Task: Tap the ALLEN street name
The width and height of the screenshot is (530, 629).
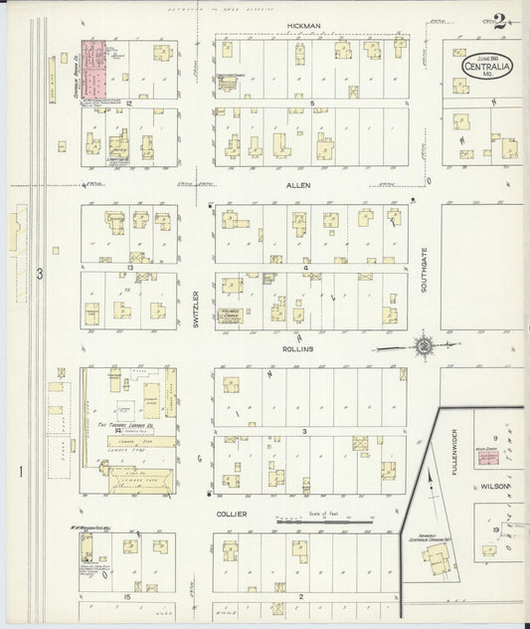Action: coord(298,185)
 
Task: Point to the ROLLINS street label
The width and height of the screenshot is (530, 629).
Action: coord(298,349)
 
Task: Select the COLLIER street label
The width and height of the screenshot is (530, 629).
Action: coord(230,514)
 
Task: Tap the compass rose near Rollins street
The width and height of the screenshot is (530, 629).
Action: coord(425,346)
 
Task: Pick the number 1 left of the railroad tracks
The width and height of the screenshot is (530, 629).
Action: coord(20,471)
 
